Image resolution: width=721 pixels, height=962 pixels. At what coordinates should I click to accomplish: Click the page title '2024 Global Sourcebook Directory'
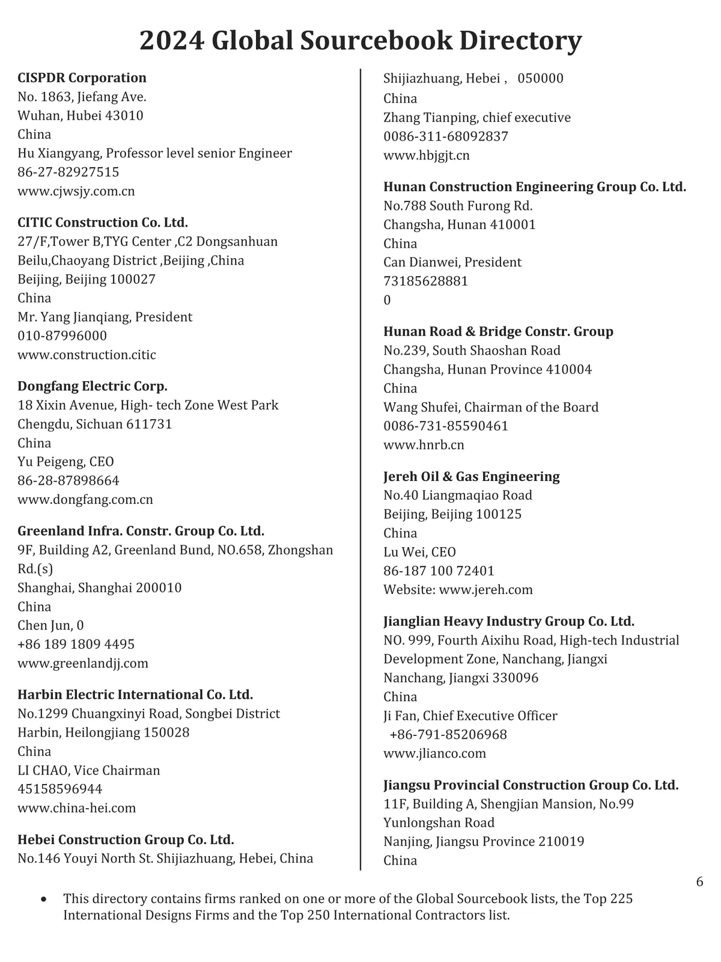click(360, 41)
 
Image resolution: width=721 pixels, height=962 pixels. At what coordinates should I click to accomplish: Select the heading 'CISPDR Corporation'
click(82, 78)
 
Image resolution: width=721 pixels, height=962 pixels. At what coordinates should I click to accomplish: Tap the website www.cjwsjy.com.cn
click(76, 191)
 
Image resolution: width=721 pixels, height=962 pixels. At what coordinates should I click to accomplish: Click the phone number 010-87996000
click(62, 335)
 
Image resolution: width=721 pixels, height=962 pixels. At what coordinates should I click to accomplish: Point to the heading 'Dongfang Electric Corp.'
click(93, 386)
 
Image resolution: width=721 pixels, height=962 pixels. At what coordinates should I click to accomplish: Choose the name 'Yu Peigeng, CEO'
click(65, 462)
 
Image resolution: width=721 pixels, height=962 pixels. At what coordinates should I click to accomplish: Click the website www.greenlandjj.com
click(83, 663)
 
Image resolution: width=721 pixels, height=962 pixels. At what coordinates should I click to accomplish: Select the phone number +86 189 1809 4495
click(76, 644)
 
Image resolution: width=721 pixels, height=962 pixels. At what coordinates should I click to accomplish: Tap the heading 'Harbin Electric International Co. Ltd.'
click(135, 694)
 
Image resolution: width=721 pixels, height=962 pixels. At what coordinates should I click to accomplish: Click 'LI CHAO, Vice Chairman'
click(89, 770)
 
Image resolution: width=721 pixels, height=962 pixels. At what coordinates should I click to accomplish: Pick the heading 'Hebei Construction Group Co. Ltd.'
click(126, 839)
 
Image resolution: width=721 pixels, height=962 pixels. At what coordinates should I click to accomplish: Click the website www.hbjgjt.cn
click(427, 155)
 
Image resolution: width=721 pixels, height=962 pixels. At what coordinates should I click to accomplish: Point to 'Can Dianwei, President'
click(452, 262)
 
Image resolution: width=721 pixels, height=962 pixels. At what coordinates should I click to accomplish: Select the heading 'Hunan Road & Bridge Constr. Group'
click(498, 331)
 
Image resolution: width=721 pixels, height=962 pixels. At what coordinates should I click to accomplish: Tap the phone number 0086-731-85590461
click(446, 426)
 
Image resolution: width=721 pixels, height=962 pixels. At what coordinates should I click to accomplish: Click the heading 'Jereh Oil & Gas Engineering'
click(472, 476)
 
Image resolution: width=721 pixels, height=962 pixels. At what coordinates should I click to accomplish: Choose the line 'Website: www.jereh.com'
click(458, 589)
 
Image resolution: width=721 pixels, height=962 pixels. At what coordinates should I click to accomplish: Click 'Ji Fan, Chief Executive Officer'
click(470, 715)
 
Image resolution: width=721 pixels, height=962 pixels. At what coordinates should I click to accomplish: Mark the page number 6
click(699, 882)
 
